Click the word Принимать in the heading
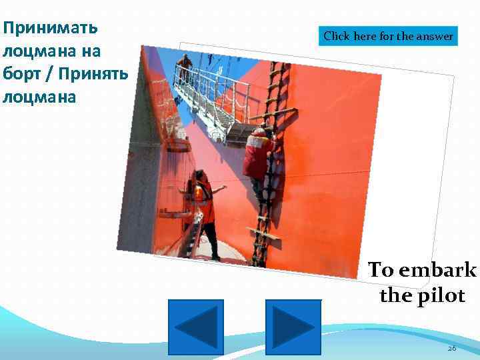click(x=50, y=28)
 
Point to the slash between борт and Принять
click(x=55, y=73)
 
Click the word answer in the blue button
click(x=434, y=36)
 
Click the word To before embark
click(x=381, y=270)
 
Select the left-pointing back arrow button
click(x=195, y=327)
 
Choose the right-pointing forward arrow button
click(x=293, y=327)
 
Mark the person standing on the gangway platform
click(x=185, y=69)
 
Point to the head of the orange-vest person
click(x=199, y=175)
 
